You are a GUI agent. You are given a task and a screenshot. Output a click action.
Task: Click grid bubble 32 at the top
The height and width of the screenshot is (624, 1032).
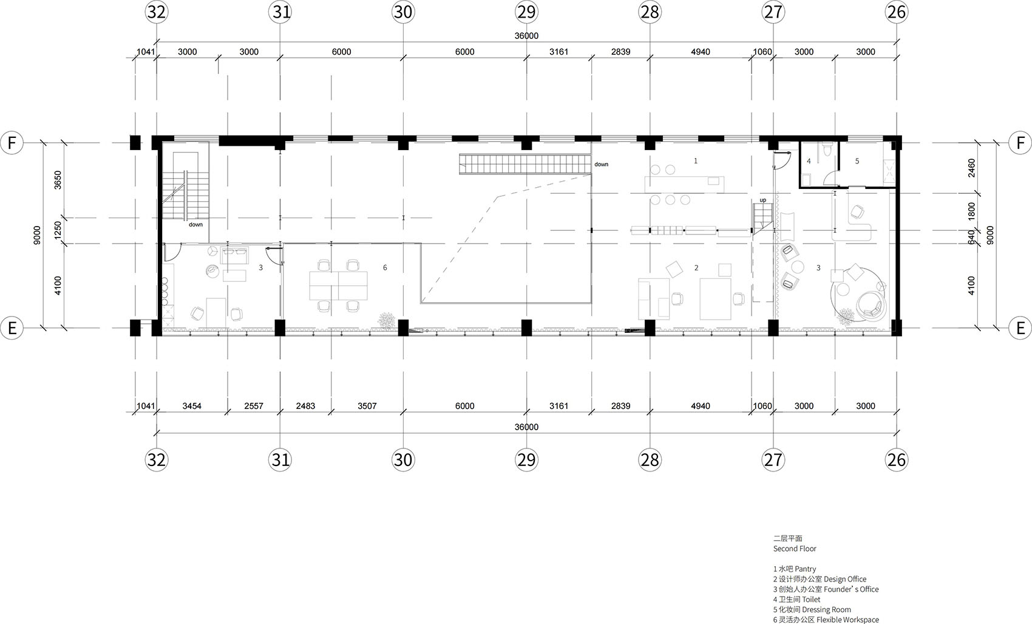coord(156,12)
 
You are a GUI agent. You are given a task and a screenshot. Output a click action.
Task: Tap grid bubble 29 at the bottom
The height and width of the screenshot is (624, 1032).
coord(526,460)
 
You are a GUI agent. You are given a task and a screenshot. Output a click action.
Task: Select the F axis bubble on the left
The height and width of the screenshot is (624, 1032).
coord(12,143)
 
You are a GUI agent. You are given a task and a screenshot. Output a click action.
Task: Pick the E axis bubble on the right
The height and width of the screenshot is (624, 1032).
coord(1020,328)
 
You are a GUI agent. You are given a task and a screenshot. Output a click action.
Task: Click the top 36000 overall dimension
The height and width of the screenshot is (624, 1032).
coord(526,36)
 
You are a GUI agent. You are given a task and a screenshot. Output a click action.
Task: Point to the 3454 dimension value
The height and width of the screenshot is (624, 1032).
coord(192,406)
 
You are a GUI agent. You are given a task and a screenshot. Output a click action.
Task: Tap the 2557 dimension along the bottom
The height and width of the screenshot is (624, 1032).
coord(253,406)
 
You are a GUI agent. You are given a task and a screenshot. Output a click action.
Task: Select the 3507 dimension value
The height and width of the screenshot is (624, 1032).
coord(367,406)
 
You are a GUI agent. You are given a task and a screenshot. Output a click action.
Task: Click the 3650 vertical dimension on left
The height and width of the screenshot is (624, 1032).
coord(58,180)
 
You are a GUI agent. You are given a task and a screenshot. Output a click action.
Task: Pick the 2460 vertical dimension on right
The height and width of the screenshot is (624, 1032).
coord(972,168)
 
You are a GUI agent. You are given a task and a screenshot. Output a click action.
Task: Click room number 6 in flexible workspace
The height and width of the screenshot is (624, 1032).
coord(385,267)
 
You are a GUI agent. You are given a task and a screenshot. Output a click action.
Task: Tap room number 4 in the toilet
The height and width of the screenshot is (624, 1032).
coord(809,162)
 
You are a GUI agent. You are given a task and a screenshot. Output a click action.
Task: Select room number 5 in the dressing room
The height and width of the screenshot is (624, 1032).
coord(857,161)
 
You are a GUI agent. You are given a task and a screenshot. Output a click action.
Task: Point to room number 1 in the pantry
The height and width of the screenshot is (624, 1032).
coord(696,160)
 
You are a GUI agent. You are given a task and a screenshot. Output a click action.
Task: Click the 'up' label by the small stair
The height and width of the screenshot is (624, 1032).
coord(763,200)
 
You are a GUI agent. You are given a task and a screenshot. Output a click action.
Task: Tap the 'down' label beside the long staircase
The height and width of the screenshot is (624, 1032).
coord(601,164)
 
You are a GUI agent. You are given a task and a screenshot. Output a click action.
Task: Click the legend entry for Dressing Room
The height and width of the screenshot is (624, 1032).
coord(812,609)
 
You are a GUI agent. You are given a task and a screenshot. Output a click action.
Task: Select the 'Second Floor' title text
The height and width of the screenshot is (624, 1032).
coord(795,549)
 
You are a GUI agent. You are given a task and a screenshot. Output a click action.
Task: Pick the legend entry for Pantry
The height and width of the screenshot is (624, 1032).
coord(794,569)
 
